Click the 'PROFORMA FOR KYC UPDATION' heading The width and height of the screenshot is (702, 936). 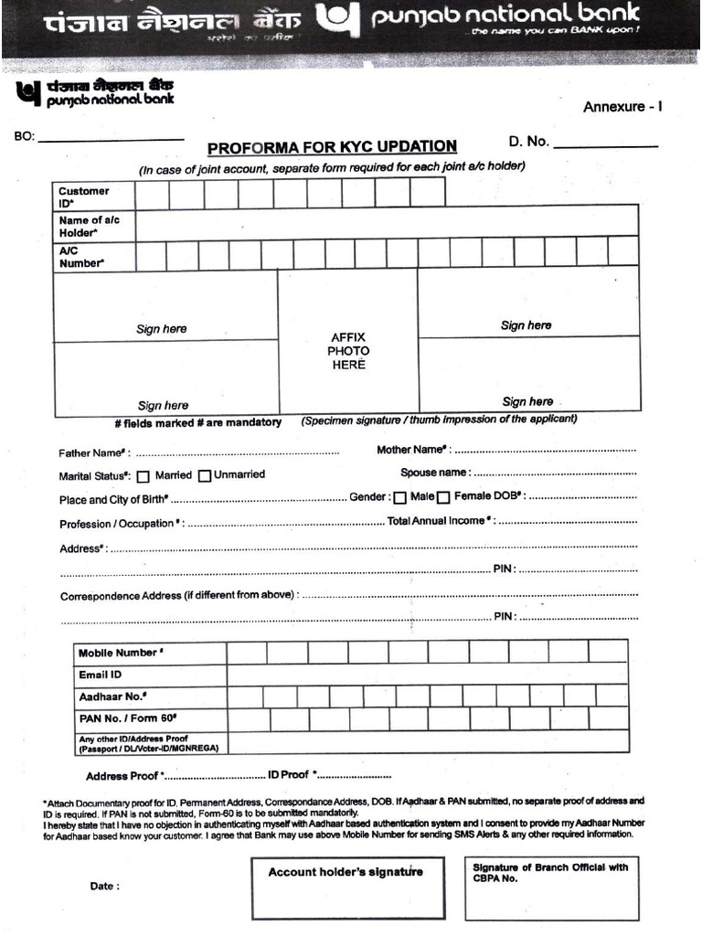[x=332, y=147]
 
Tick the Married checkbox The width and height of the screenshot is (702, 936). [x=144, y=475]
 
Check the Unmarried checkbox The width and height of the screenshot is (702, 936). [x=205, y=475]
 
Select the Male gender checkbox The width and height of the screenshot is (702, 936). [x=400, y=498]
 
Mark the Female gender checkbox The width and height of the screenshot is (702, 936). [x=443, y=498]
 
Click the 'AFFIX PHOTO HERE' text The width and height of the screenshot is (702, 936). [x=348, y=351]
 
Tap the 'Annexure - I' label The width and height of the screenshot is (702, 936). [x=622, y=107]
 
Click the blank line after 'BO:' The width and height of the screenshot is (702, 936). [x=111, y=138]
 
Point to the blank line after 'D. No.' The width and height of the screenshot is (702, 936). [x=605, y=144]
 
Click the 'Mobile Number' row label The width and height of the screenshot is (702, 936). [x=121, y=653]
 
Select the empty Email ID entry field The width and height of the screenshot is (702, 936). [x=427, y=675]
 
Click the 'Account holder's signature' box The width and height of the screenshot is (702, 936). [x=347, y=888]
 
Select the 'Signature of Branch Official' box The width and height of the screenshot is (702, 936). [x=551, y=888]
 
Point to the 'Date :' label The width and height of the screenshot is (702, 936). [x=104, y=886]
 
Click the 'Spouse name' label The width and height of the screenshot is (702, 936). [x=435, y=473]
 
